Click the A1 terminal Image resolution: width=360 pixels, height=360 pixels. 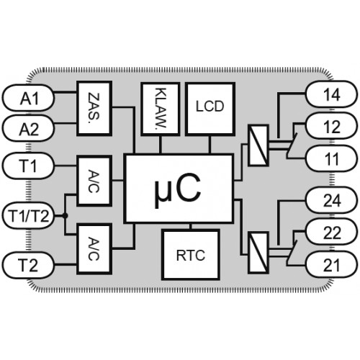(x=28, y=98)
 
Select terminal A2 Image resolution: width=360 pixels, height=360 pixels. (x=28, y=128)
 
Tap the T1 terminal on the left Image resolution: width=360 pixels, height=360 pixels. (x=28, y=166)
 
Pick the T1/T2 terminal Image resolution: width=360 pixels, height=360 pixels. (x=28, y=216)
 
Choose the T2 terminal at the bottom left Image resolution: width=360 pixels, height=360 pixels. (x=28, y=265)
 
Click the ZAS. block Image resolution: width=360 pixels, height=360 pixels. (x=94, y=109)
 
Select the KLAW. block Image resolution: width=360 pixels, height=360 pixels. (x=161, y=109)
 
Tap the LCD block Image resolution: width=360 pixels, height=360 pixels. (x=210, y=109)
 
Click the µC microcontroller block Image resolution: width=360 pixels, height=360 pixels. (x=179, y=189)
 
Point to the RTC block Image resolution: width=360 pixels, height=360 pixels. (x=191, y=255)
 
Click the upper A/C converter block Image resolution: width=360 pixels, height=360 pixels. (x=94, y=181)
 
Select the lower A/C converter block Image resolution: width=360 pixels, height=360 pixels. (x=94, y=249)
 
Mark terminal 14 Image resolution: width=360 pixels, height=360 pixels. (x=332, y=94)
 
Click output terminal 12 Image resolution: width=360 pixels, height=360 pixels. (x=332, y=126)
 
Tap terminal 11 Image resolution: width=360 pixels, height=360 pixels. (x=332, y=158)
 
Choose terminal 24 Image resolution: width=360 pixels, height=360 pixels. (x=332, y=200)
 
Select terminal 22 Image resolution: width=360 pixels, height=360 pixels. (x=332, y=232)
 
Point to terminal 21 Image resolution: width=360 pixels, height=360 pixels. (x=332, y=264)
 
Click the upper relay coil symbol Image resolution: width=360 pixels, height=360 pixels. (x=258, y=145)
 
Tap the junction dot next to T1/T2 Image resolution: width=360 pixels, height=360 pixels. (x=65, y=216)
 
